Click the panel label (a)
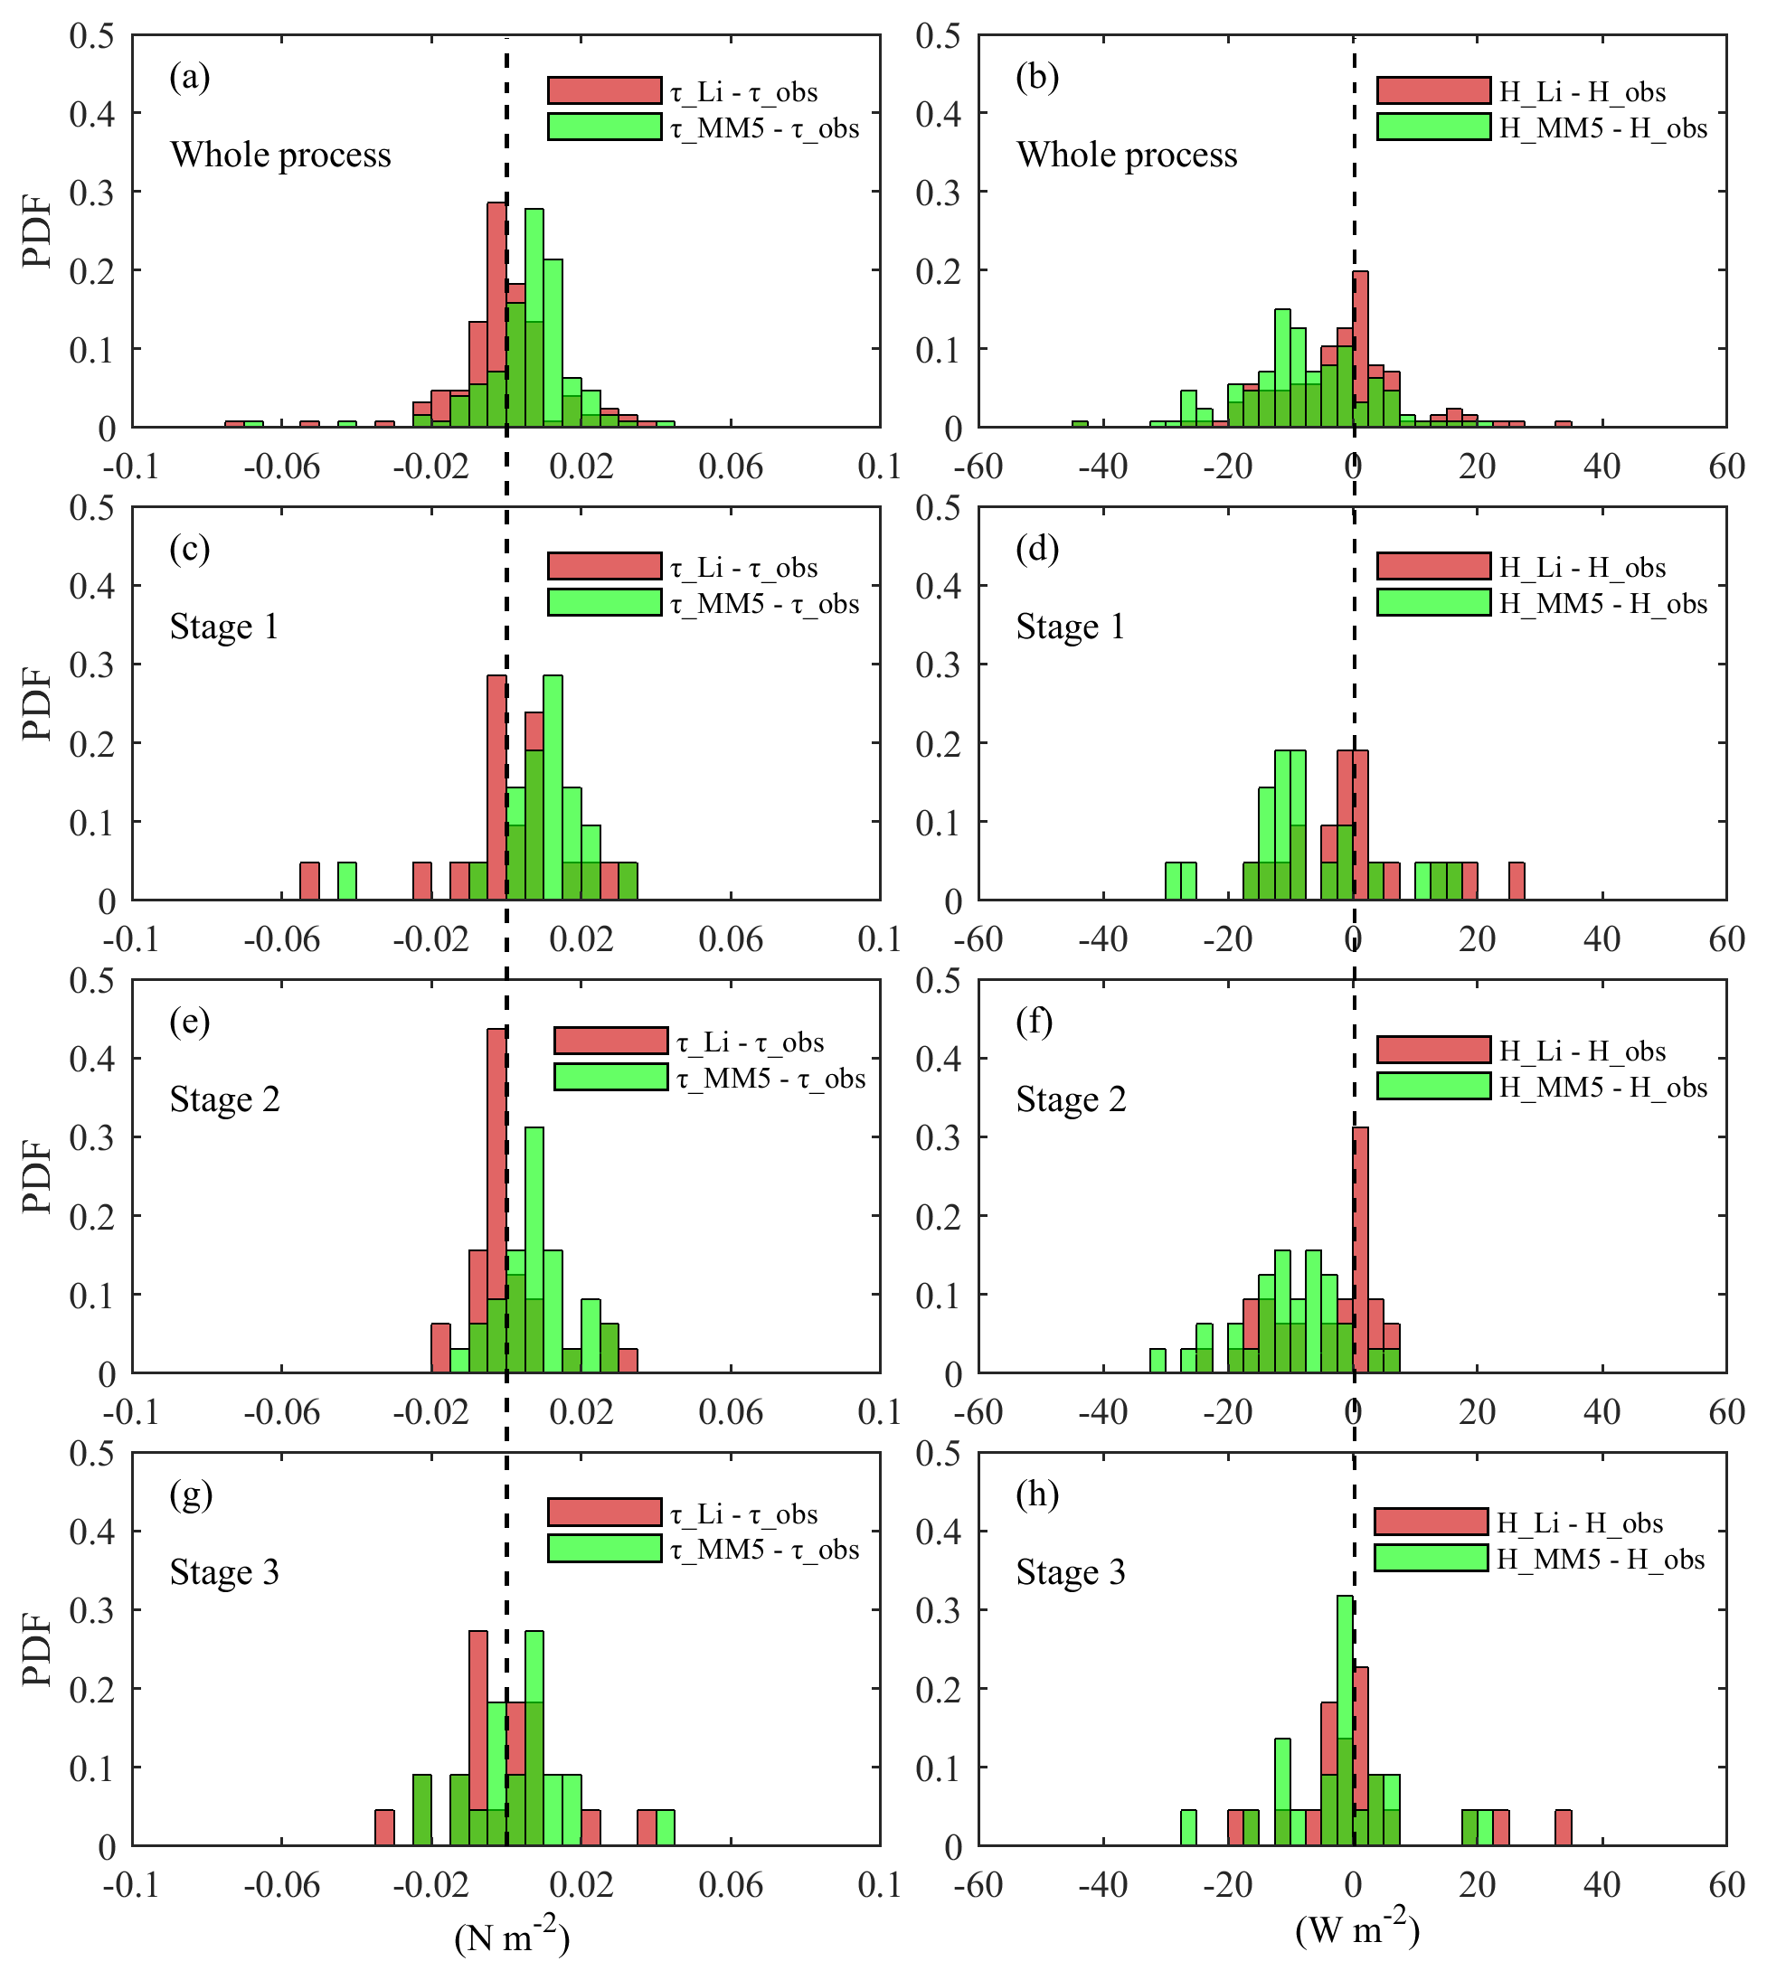(189, 76)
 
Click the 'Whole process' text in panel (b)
(1126, 155)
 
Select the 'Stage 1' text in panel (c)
(224, 627)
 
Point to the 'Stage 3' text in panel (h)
(1070, 1571)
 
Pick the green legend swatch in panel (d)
(1433, 602)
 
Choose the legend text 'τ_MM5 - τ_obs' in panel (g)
(765, 1549)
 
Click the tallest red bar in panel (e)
(496, 1199)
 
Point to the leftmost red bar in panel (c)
(308, 881)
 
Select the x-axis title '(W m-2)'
(1357, 1930)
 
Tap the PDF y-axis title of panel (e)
(37, 1176)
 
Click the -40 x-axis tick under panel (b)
(1103, 467)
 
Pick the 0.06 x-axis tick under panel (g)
(730, 1885)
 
